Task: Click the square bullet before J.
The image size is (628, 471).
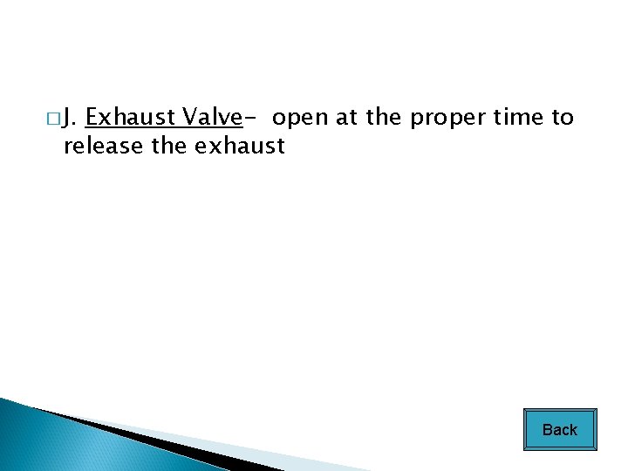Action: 55,118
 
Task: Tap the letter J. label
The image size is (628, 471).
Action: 72,118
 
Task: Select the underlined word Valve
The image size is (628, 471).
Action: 209,117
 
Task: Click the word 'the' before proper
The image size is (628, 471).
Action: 385,117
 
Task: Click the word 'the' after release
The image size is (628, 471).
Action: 169,146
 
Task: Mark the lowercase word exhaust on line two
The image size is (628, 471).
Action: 240,146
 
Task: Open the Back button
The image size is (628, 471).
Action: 560,429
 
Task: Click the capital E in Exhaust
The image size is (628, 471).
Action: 92,117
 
